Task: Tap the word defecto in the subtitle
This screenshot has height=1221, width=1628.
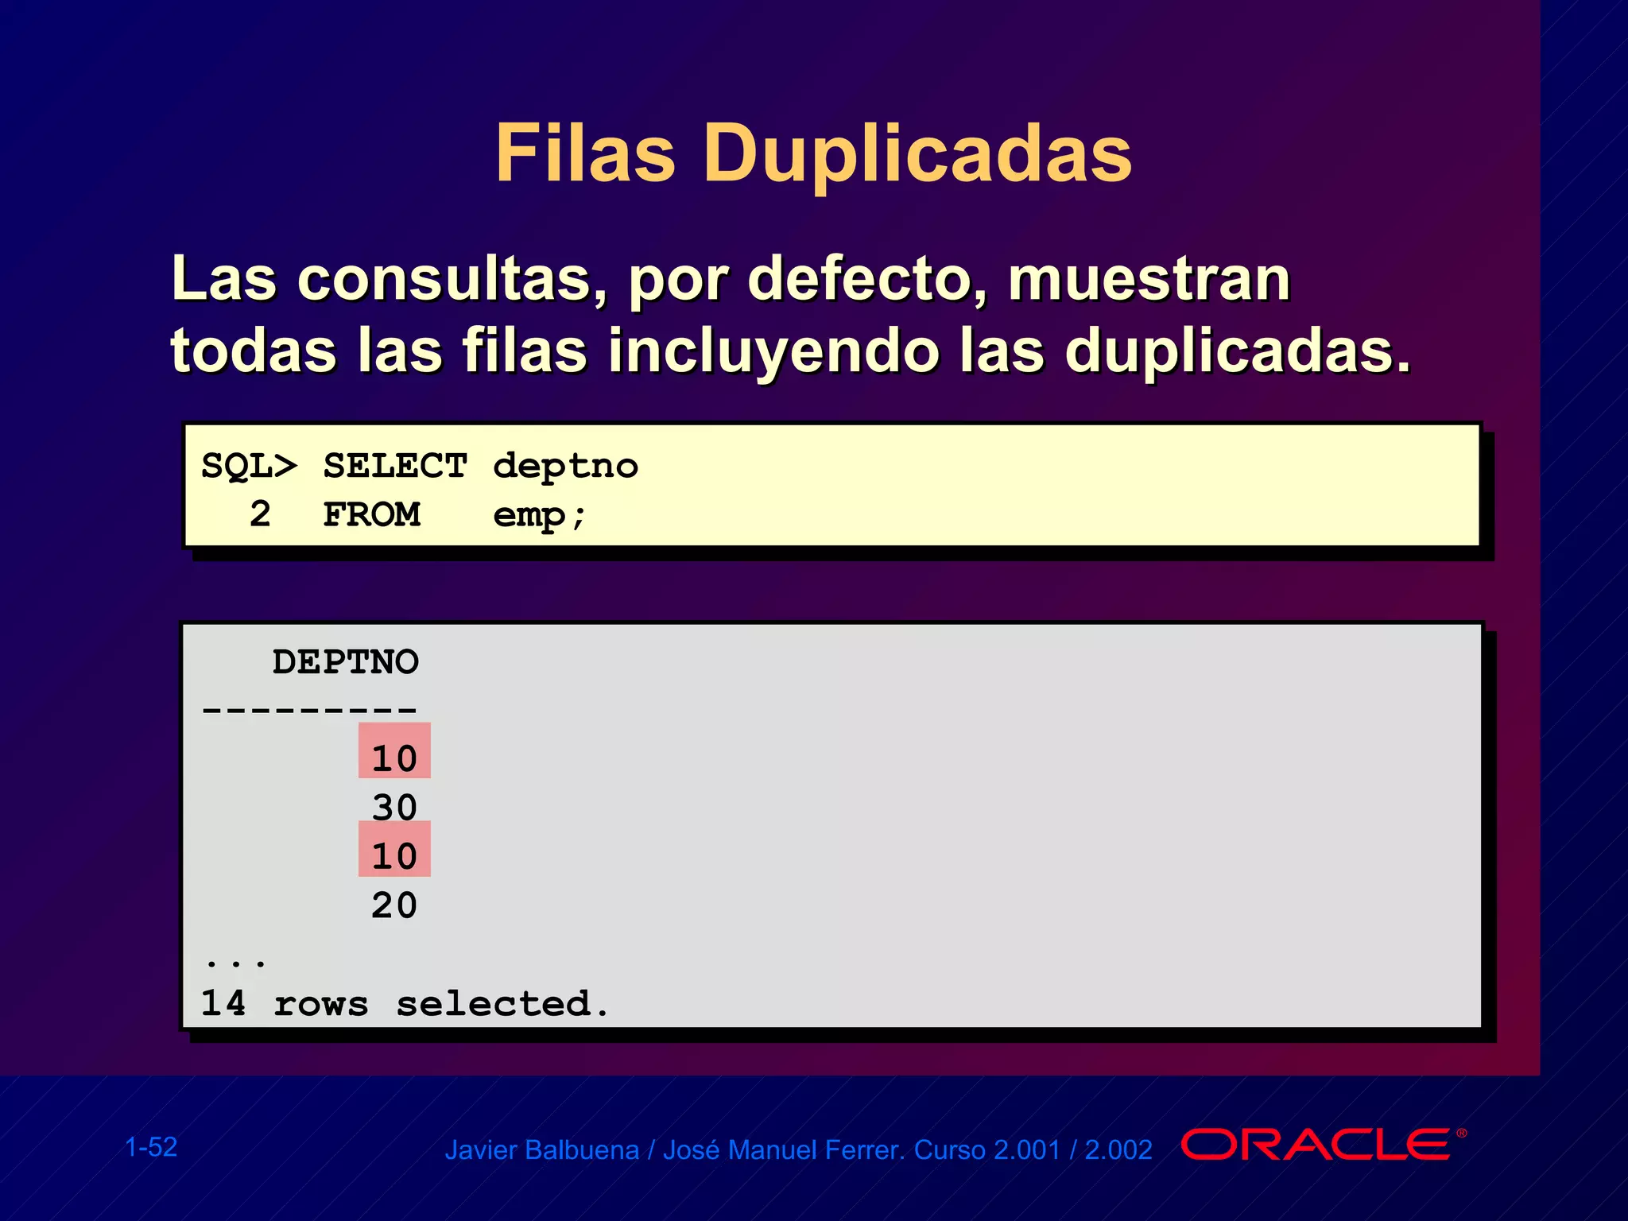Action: click(x=867, y=280)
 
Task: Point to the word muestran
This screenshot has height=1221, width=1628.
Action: click(x=1149, y=280)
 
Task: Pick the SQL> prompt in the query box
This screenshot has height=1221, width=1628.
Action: click(x=249, y=466)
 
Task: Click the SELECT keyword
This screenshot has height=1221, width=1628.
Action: click(x=395, y=466)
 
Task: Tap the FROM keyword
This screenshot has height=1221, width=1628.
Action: click(x=371, y=515)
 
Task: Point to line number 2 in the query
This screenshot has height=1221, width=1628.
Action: click(x=260, y=514)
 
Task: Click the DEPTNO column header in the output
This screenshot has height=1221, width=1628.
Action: click(x=345, y=662)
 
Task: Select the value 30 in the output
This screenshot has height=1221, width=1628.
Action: click(x=394, y=808)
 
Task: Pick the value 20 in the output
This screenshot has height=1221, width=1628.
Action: click(x=394, y=905)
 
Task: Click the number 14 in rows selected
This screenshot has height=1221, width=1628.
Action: click(x=223, y=1003)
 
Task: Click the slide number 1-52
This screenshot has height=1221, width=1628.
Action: click(x=151, y=1147)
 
